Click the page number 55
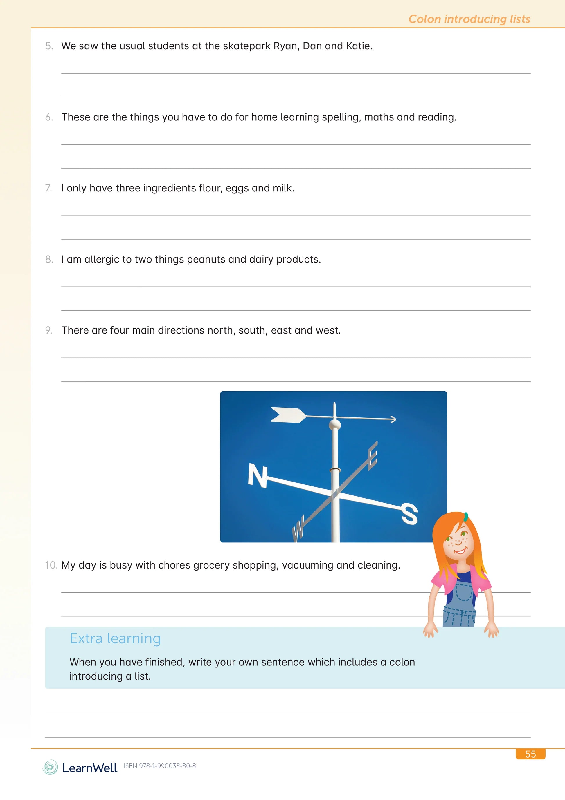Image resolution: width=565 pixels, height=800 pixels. click(x=530, y=754)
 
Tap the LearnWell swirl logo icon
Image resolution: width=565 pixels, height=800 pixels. click(x=50, y=767)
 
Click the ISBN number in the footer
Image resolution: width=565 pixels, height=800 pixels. click(x=160, y=766)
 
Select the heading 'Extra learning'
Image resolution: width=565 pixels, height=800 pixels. click(x=115, y=639)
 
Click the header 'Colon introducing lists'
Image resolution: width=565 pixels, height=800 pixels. click(x=469, y=19)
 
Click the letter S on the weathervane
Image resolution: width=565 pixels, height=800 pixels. click(x=409, y=514)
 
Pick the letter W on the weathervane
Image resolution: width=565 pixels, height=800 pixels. click(x=298, y=530)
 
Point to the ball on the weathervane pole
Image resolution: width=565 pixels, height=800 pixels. click(x=335, y=424)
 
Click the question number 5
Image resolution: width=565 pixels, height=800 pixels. click(x=49, y=46)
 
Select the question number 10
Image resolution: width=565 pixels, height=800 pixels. click(x=51, y=565)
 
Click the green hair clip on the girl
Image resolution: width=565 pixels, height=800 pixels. click(x=466, y=516)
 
